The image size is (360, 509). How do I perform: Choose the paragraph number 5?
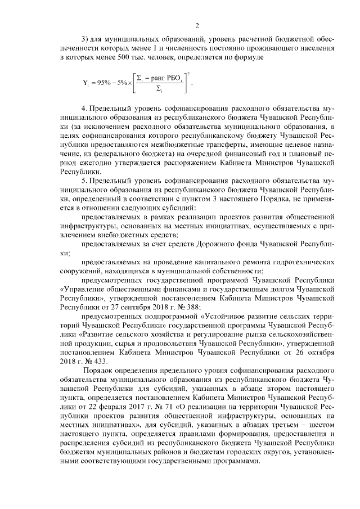pyautogui.click(x=83, y=182)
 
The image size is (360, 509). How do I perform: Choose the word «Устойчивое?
pyautogui.click(x=232, y=317)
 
